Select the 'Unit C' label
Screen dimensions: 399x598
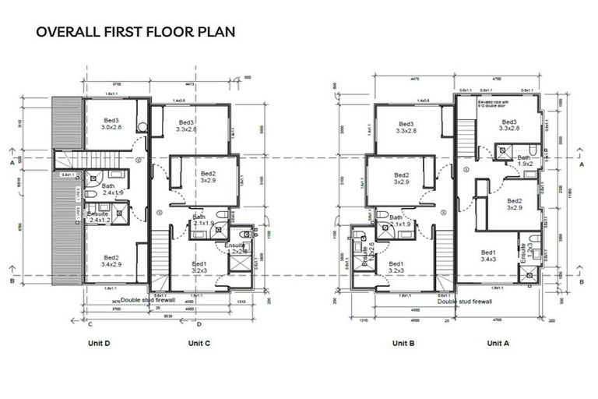[x=200, y=343]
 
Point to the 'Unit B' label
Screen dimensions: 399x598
[x=403, y=343]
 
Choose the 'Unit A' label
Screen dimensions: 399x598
[x=498, y=343]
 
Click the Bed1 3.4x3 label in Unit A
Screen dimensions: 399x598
[x=489, y=257]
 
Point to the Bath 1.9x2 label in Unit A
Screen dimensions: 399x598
[x=525, y=161]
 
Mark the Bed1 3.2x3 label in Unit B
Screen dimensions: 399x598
[x=396, y=267]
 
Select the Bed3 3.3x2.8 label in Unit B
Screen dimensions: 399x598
[x=406, y=128]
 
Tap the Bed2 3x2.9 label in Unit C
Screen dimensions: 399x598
[x=208, y=177]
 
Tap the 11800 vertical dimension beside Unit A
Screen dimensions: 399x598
[x=575, y=187]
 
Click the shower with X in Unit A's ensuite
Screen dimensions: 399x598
[x=529, y=274]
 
